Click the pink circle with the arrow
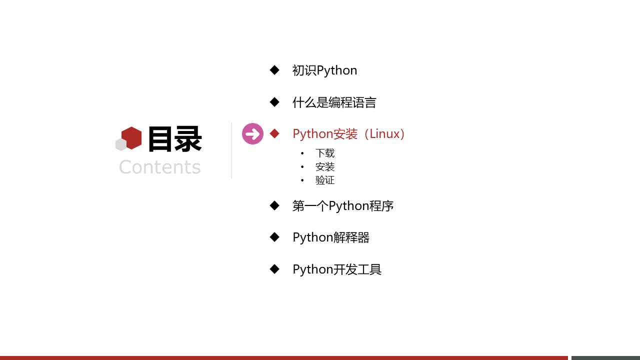click(x=252, y=133)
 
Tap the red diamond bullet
click(x=274, y=133)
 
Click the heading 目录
click(x=175, y=139)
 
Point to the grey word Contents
click(x=159, y=167)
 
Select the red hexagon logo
click(x=131, y=138)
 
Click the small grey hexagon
click(x=121, y=144)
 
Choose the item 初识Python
click(x=324, y=70)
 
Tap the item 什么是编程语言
click(x=334, y=102)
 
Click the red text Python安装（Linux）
click(x=348, y=133)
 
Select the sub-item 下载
click(x=325, y=153)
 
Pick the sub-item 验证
click(x=325, y=180)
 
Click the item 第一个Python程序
click(x=343, y=205)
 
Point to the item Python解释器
click(x=331, y=237)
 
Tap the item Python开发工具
click(x=337, y=269)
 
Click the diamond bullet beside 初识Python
click(x=274, y=70)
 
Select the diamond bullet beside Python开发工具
click(x=274, y=269)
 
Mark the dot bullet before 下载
click(x=302, y=153)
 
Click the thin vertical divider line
click(x=231, y=150)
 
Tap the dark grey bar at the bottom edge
click(x=605, y=358)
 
